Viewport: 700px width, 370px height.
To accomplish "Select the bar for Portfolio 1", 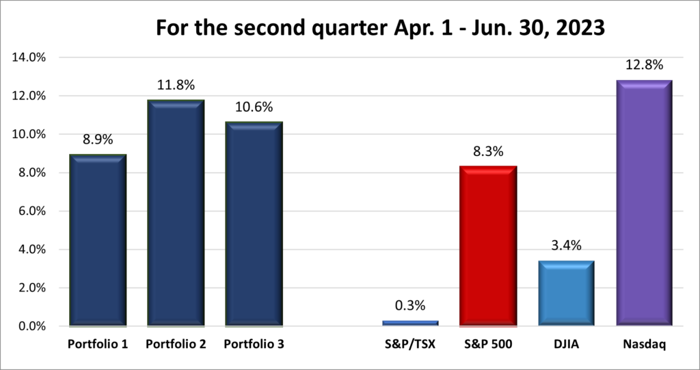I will [x=98, y=239].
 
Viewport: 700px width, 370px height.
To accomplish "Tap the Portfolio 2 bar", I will [x=176, y=212].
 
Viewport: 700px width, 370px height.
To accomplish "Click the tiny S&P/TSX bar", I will [x=410, y=323].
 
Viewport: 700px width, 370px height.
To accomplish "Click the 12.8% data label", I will [x=644, y=66].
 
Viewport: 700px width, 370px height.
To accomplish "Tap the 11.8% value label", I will [x=176, y=85].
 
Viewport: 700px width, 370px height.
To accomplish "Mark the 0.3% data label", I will [x=410, y=306].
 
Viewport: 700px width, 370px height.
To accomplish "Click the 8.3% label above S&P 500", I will [x=487, y=151].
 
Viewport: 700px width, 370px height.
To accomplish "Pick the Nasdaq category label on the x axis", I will [x=644, y=345].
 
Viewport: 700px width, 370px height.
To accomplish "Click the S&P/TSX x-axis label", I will [x=410, y=345].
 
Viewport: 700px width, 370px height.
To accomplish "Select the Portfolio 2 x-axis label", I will [x=176, y=345].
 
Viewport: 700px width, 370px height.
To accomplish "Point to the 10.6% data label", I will [x=253, y=107].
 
